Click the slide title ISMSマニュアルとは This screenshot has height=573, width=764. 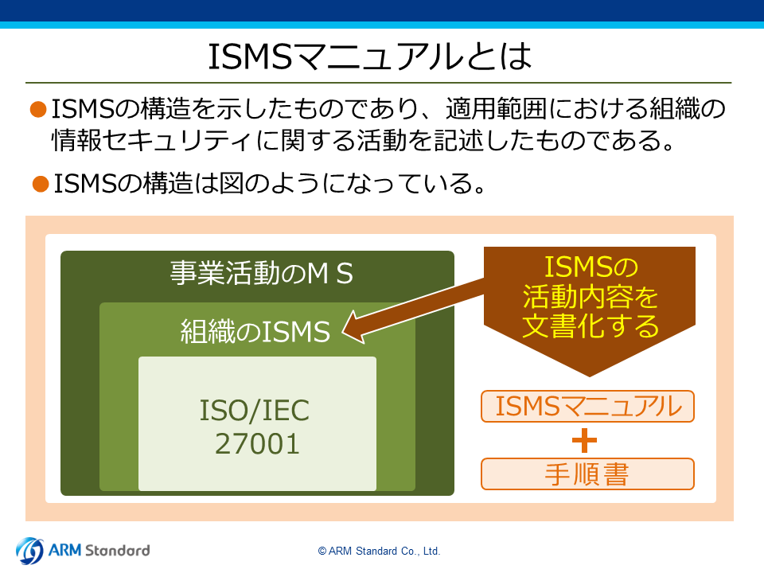(370, 56)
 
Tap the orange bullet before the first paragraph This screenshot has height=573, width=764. (38, 109)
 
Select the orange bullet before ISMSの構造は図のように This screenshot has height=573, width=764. (41, 184)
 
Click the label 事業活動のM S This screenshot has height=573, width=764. (261, 273)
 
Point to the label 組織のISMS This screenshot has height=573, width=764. (255, 331)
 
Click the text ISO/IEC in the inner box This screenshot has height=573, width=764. (255, 411)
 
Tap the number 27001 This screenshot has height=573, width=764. (257, 444)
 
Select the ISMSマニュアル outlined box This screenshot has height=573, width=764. (587, 407)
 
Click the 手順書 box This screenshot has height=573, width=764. (587, 474)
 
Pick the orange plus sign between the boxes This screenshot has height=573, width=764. (584, 441)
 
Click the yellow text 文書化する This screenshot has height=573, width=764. (591, 326)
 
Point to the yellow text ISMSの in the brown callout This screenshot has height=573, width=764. (591, 267)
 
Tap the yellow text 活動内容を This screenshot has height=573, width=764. (591, 297)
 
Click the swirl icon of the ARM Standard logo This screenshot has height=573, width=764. (29, 551)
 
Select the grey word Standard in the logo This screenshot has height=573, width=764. (118, 551)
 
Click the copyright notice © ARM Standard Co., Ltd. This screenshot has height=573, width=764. (379, 551)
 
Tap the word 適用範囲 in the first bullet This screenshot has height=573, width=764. (497, 109)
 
